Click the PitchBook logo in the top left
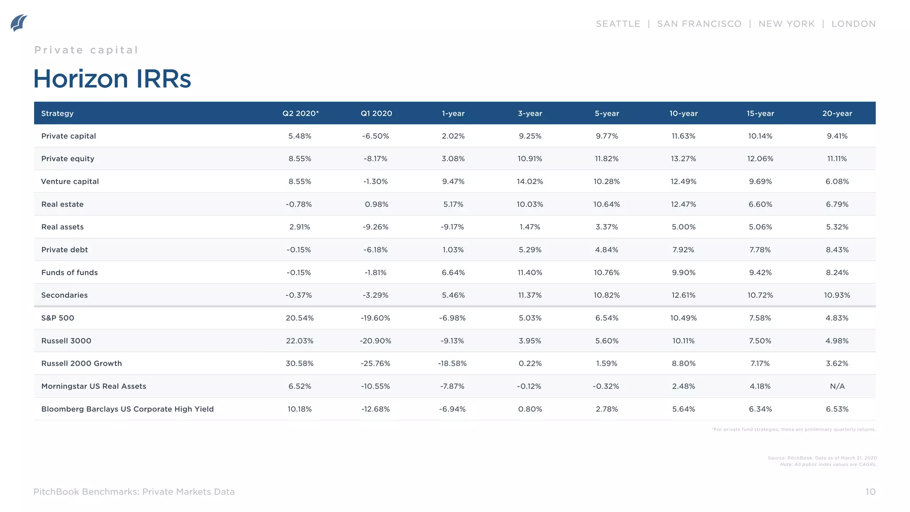(x=19, y=23)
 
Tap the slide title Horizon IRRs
(x=112, y=79)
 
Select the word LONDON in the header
(x=853, y=24)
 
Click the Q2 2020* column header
(x=300, y=113)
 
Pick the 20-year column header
(x=837, y=113)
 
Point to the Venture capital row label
(x=70, y=181)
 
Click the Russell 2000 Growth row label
(x=81, y=364)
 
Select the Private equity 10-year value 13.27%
(x=683, y=159)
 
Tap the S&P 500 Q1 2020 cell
(x=375, y=318)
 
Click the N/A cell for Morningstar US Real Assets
(x=837, y=386)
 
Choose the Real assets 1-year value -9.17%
(x=452, y=227)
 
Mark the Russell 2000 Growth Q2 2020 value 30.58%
(x=299, y=364)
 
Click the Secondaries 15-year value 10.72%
(x=760, y=295)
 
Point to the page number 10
(x=870, y=492)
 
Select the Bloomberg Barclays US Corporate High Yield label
(x=127, y=409)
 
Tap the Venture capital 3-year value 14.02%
(x=530, y=181)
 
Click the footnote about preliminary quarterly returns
(x=793, y=429)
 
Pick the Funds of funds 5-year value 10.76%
(x=607, y=272)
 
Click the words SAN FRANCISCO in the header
(x=699, y=24)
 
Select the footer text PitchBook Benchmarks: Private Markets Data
(x=134, y=492)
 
